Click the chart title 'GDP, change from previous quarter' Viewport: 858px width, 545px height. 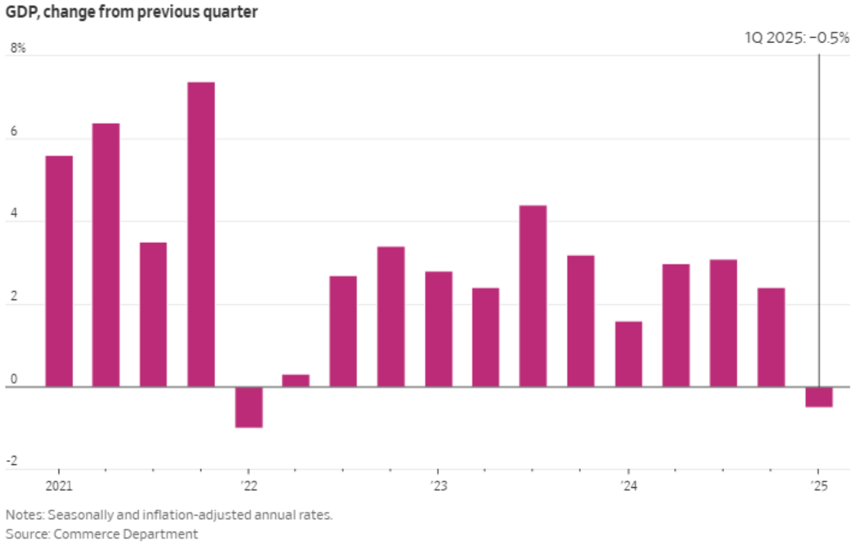(132, 13)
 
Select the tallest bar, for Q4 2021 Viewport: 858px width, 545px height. (201, 234)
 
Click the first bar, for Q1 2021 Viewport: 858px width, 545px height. (58, 271)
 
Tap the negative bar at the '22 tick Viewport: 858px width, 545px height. (249, 407)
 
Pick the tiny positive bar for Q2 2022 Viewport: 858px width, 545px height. (296, 381)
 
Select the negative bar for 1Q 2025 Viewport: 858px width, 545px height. (819, 397)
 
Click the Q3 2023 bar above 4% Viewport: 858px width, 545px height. (533, 296)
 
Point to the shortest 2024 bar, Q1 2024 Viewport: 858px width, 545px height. (629, 354)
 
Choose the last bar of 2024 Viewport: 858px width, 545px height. (771, 337)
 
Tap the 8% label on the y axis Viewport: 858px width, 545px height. (17, 49)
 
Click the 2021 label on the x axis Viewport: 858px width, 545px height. (58, 485)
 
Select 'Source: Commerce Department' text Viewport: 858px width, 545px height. (102, 534)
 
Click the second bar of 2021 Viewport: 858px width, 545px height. (106, 255)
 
